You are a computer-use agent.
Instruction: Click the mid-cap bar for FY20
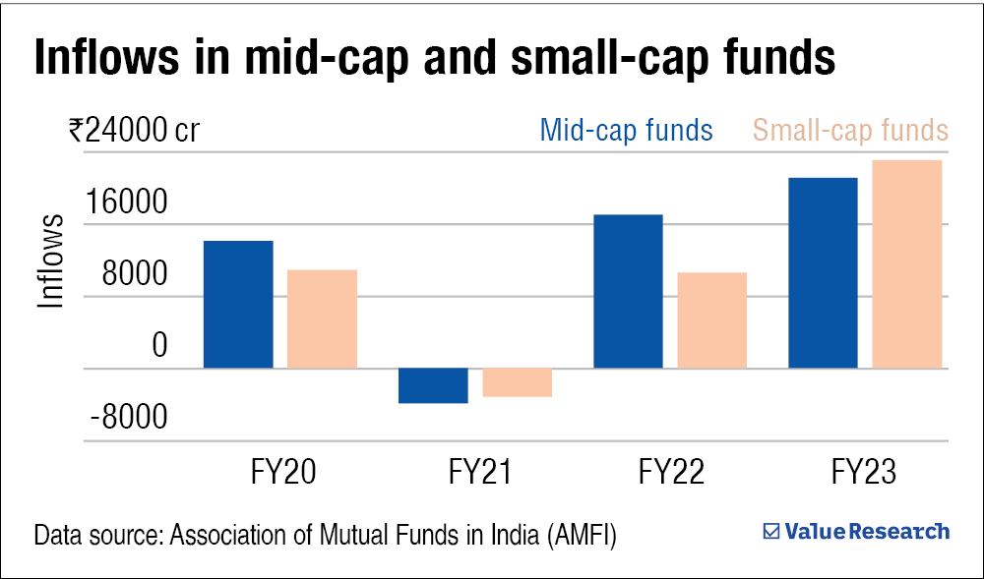pyautogui.click(x=238, y=304)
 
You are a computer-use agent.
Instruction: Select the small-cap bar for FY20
pyautogui.click(x=322, y=318)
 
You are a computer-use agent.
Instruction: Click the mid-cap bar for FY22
pyautogui.click(x=629, y=291)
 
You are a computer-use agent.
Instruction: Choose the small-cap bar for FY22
pyautogui.click(x=712, y=319)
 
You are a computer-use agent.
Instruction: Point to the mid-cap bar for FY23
pyautogui.click(x=824, y=272)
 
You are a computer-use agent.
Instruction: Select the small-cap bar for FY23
pyautogui.click(x=907, y=263)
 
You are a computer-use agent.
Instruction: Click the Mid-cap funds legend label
pyautogui.click(x=626, y=131)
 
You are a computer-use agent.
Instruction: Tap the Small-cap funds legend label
pyautogui.click(x=849, y=131)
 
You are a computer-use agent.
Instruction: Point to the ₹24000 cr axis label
pyautogui.click(x=134, y=131)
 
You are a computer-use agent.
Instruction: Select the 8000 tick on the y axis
pyautogui.click(x=137, y=276)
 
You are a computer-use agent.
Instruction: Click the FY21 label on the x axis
pyautogui.click(x=480, y=473)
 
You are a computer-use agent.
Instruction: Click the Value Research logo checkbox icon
pyautogui.click(x=772, y=532)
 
